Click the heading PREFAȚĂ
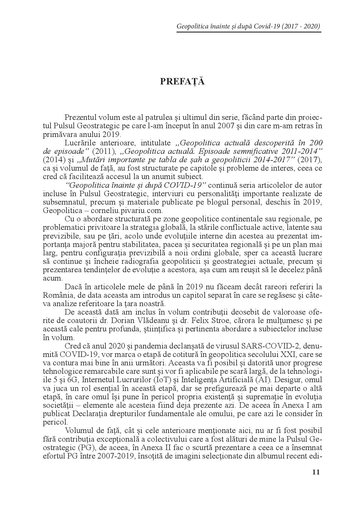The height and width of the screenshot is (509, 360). tap(182, 82)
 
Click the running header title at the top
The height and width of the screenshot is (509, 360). tap(249, 27)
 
